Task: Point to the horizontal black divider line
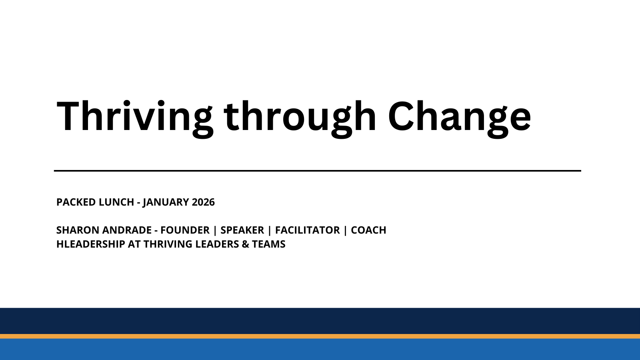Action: [317, 171]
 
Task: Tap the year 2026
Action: [203, 202]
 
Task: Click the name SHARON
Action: [78, 230]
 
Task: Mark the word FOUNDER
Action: [185, 230]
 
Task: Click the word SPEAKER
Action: [242, 230]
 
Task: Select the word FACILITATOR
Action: [307, 230]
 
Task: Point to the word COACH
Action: [368, 230]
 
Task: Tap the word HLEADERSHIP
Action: [90, 244]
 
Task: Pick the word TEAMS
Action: [268, 244]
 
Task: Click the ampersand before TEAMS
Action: [245, 244]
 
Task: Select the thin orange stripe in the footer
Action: [320, 336]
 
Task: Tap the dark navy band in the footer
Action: [320, 321]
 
